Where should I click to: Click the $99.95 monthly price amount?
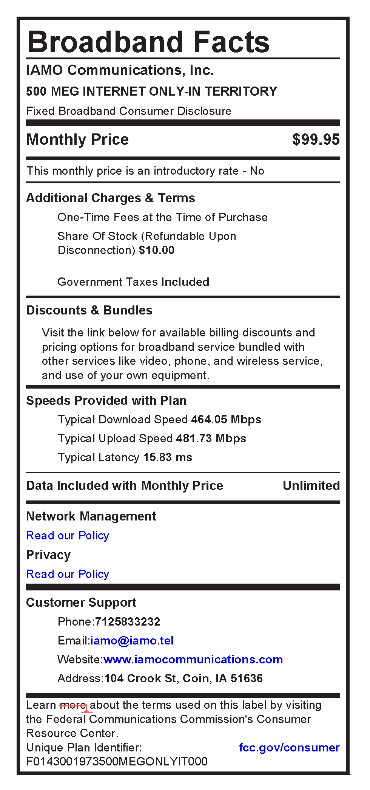[x=316, y=139]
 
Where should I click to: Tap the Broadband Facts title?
[x=149, y=42]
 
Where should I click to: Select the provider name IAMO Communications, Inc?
[x=120, y=70]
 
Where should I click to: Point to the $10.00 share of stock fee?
[x=157, y=250]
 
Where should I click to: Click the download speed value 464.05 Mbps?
[x=226, y=420]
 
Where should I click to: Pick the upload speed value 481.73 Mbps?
[x=211, y=438]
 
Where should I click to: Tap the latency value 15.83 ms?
[x=167, y=457]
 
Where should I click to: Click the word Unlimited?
[x=311, y=486]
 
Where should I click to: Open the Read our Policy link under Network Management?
[x=68, y=536]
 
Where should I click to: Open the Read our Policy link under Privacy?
[x=68, y=574]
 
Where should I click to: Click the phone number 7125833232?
[x=128, y=622]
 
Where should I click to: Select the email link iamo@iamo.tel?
[x=132, y=641]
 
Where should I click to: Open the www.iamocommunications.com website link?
[x=193, y=660]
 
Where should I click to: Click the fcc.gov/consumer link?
[x=289, y=748]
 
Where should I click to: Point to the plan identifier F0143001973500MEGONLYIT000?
[x=117, y=762]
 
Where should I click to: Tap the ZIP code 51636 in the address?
[x=247, y=678]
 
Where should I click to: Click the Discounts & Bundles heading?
[x=89, y=310]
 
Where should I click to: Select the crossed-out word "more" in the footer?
[x=73, y=705]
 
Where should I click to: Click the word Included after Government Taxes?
[x=185, y=282]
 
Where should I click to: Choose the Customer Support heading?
[x=81, y=603]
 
